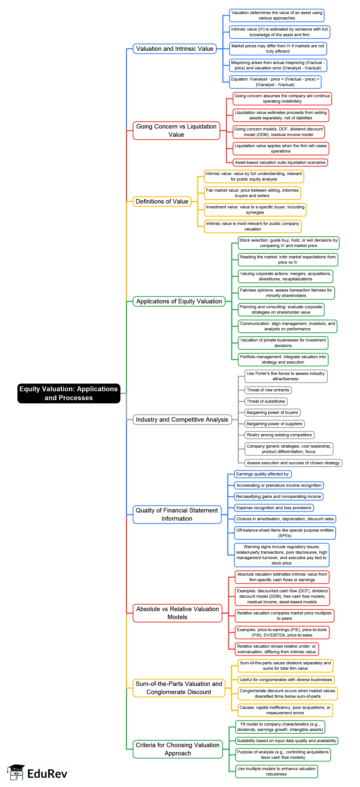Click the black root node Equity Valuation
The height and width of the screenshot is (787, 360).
[x=69, y=393]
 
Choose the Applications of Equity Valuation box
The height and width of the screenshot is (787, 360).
[x=179, y=301]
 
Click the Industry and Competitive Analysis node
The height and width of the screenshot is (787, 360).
[x=182, y=419]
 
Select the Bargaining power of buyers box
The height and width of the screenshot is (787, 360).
[x=272, y=412]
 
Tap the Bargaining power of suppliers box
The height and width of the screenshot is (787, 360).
[x=274, y=424]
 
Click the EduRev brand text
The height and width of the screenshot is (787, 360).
[x=47, y=774]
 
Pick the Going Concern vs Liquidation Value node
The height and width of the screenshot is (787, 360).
[x=176, y=130]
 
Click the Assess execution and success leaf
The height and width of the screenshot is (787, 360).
[x=293, y=463]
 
